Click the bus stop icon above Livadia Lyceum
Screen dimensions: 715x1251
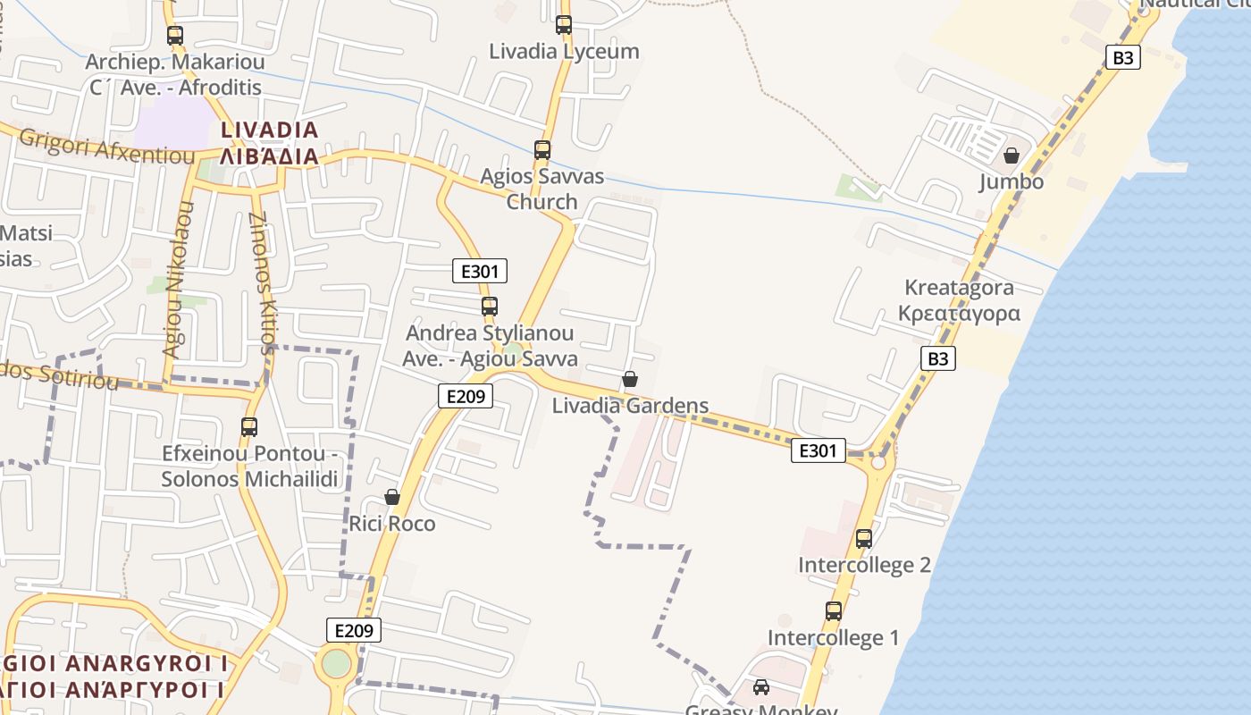coord(563,25)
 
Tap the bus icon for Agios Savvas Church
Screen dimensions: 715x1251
coord(542,150)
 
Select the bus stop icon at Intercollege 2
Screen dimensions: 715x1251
coord(863,539)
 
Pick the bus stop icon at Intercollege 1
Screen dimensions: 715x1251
coord(833,611)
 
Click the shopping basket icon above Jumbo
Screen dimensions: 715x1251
coord(1011,156)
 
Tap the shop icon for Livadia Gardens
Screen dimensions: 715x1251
coord(630,379)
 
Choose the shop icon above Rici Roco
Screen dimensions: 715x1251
coord(391,497)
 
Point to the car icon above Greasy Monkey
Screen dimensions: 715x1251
coord(760,687)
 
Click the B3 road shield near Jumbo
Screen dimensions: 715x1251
coord(1123,58)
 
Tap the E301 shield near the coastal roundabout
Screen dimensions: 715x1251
coord(818,451)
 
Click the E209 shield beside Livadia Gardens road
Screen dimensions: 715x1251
coord(466,396)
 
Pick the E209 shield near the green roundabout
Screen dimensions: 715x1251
coord(353,630)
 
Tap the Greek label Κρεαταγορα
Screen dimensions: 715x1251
coord(959,314)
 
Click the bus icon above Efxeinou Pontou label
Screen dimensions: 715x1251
coord(249,427)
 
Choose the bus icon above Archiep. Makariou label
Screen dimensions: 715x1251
coord(175,37)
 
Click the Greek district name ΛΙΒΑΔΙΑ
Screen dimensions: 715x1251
coord(269,157)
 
